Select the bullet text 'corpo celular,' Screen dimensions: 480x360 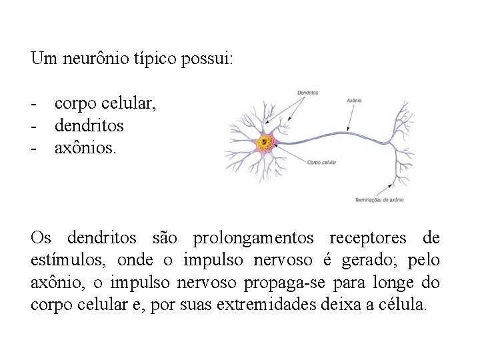tap(106, 105)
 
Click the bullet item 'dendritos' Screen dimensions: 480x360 tap(89, 125)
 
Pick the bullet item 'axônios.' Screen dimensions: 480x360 tap(85, 146)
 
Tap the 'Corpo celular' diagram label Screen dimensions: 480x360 tap(323, 162)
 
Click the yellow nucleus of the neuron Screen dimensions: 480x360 tap(267, 142)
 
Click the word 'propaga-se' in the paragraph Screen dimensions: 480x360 tap(274, 282)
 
